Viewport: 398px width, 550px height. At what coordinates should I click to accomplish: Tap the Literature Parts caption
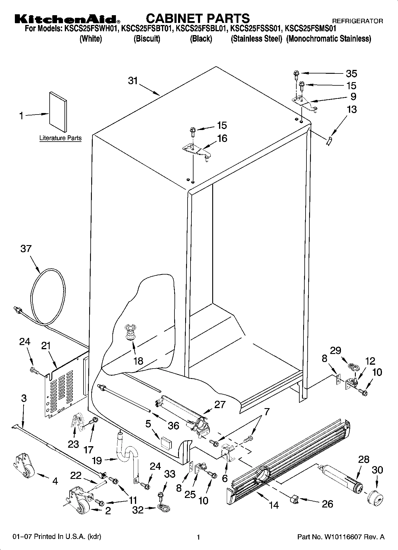(x=60, y=138)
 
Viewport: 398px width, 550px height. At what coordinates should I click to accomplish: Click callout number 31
(x=133, y=81)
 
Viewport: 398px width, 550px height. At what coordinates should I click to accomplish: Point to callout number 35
(x=351, y=73)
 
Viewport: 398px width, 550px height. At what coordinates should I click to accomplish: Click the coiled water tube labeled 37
(x=48, y=297)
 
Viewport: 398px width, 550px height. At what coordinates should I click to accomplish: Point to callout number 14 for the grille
(x=274, y=504)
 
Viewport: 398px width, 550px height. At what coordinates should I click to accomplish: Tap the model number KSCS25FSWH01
(x=91, y=29)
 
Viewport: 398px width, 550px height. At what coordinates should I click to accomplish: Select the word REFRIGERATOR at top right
(x=357, y=21)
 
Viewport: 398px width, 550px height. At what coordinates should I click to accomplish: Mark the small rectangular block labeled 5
(x=166, y=442)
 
